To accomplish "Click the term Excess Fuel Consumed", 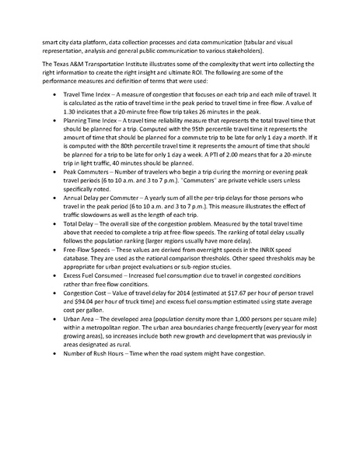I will [93, 297].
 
